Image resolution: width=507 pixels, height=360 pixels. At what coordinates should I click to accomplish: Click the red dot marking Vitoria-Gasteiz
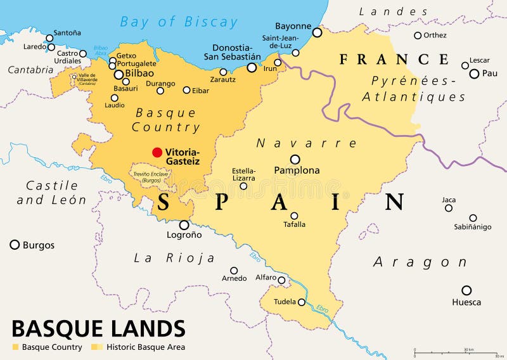157,152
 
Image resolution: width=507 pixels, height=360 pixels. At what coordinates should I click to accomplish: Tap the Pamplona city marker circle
295,160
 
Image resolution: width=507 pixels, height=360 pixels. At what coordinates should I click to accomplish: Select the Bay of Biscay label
179,22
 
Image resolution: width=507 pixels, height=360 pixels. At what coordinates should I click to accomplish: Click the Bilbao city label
139,74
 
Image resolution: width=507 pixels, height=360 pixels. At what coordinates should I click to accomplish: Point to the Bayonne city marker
317,32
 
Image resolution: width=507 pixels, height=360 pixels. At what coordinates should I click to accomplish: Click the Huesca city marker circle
466,290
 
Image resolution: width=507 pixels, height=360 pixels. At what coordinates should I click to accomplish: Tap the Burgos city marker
15,245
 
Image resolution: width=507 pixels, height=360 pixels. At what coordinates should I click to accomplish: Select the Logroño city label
184,235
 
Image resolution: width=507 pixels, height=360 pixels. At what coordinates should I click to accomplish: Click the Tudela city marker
302,302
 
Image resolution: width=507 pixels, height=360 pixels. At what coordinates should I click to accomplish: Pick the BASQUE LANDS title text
98,328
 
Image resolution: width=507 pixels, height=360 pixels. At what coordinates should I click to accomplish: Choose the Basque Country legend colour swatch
15,347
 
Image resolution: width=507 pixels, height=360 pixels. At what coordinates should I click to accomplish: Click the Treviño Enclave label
150,177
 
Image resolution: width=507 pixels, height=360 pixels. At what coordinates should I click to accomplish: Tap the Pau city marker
474,74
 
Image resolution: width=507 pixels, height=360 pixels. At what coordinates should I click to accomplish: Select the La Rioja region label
174,258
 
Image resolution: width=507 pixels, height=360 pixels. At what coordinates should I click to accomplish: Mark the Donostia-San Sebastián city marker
252,67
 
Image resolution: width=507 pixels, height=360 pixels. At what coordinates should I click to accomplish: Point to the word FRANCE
394,60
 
